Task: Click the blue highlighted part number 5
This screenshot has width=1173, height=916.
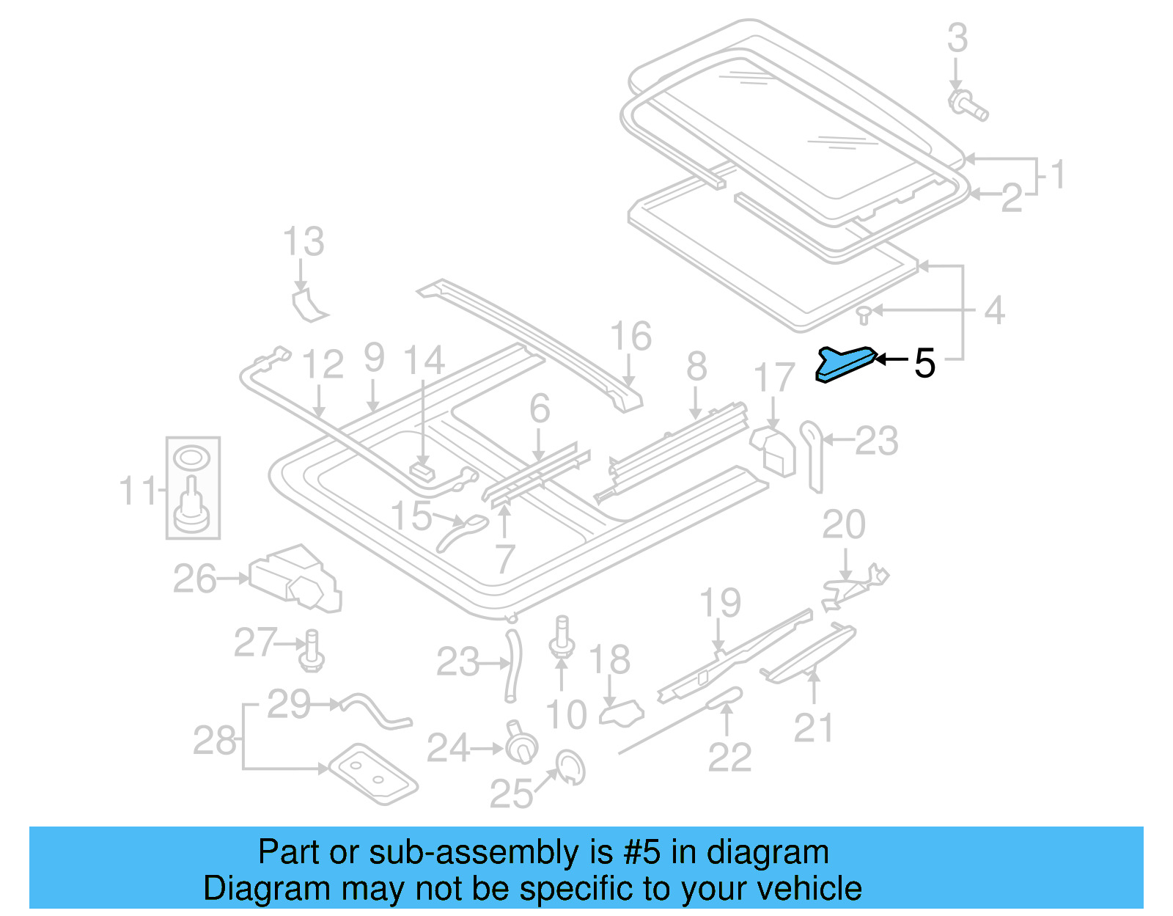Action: (x=845, y=364)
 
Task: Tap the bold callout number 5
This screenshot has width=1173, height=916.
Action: (x=924, y=364)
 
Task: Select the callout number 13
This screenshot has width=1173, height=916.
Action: (x=304, y=242)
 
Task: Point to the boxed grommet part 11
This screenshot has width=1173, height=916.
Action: (x=192, y=488)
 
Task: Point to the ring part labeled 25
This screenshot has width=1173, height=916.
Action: (x=570, y=767)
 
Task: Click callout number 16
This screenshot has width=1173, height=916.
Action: (x=630, y=337)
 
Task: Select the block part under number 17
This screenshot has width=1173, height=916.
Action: (x=774, y=450)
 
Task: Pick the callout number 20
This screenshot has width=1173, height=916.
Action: (x=844, y=525)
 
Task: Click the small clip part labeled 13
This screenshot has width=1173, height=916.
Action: (x=308, y=306)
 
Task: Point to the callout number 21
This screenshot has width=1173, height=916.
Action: (x=813, y=728)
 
